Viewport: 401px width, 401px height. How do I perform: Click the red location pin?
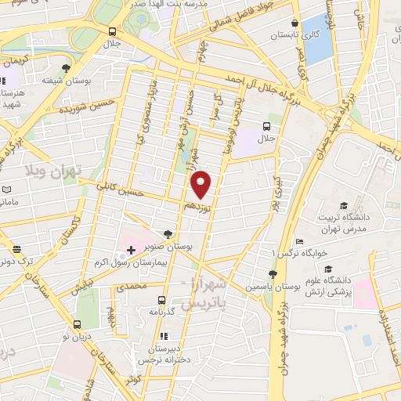[202, 183]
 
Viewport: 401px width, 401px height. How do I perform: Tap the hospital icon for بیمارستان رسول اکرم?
[131, 250]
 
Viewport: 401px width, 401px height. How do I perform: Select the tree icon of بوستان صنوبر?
[168, 233]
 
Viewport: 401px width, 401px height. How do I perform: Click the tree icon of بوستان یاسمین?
[272, 274]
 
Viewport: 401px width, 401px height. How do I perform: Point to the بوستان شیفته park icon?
[64, 70]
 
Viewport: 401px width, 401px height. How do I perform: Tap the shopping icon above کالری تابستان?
[294, 24]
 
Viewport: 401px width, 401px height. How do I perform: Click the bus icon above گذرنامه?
[162, 300]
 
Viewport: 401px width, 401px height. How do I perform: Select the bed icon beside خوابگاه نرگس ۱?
[298, 241]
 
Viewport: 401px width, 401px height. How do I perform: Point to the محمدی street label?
[132, 287]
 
